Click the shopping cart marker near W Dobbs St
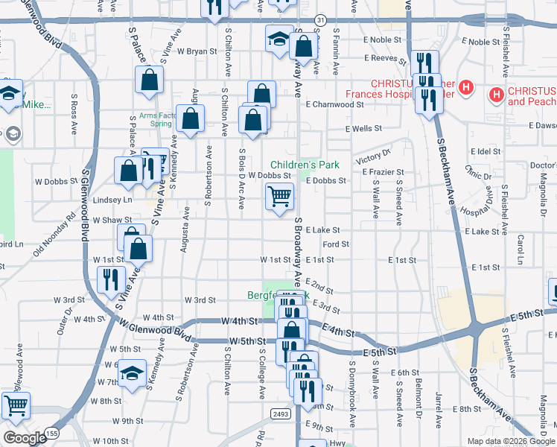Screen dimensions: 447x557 [x=279, y=197]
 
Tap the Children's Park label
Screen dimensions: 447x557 [x=305, y=164]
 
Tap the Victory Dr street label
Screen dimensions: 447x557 [x=373, y=157]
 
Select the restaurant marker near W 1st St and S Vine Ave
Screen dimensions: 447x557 [x=111, y=280]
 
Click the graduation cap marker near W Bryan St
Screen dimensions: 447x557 [x=279, y=38]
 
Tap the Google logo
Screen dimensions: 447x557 [x=25, y=438]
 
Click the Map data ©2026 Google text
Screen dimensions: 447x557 [x=511, y=441]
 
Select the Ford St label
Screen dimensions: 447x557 [x=337, y=244]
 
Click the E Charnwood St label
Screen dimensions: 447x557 [x=334, y=105]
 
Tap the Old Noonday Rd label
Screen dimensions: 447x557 [x=54, y=235]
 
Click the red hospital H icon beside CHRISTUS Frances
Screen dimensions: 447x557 [x=466, y=87]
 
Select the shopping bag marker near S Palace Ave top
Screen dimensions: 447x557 [x=149, y=80]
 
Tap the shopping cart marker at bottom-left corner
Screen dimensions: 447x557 [x=16, y=406]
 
